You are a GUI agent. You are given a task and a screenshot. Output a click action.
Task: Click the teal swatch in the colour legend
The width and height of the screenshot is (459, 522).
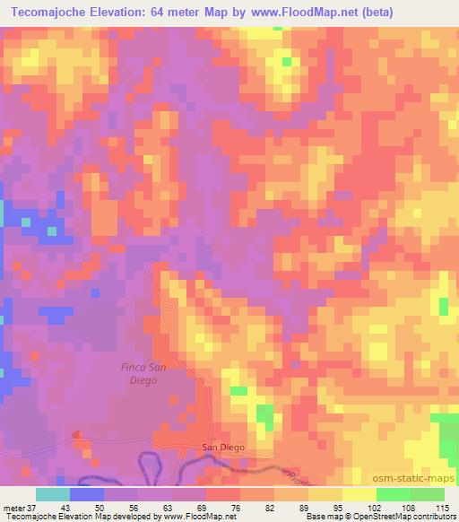52,494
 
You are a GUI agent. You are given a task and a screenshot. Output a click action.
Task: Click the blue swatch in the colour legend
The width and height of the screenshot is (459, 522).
86,494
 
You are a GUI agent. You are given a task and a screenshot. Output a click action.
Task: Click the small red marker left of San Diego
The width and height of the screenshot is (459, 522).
75,435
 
